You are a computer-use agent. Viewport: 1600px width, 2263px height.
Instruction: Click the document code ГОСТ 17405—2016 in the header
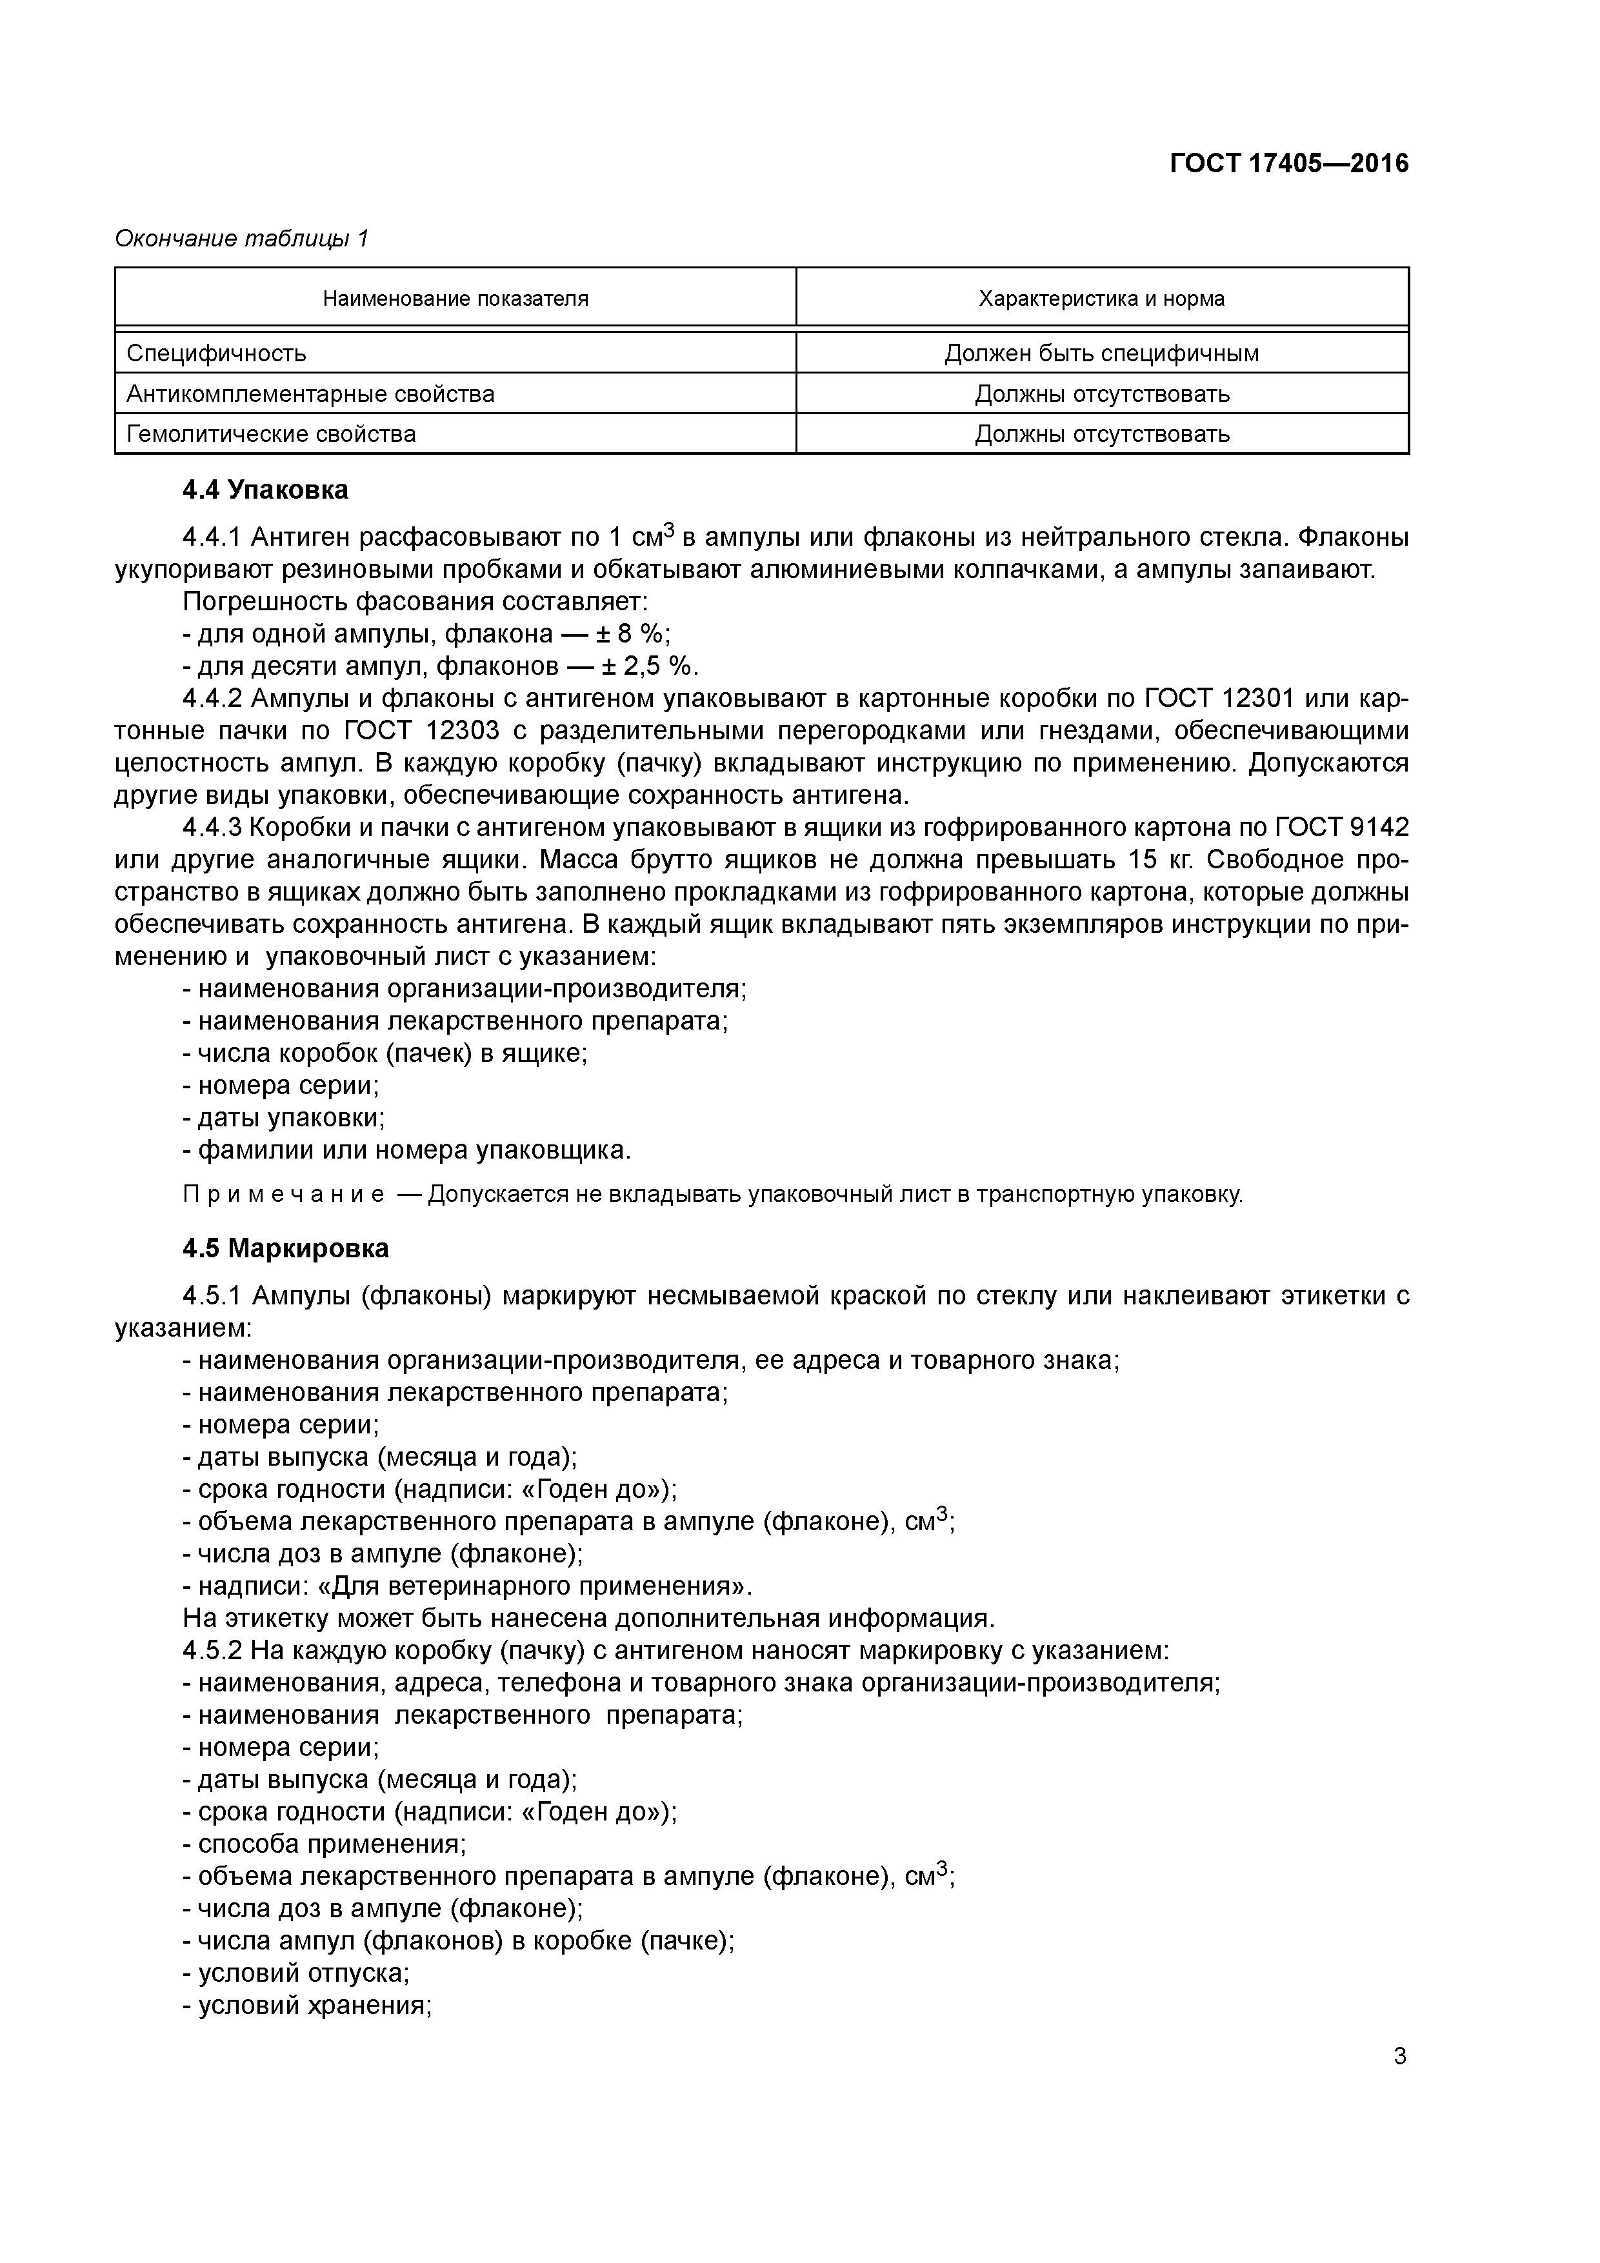1288,164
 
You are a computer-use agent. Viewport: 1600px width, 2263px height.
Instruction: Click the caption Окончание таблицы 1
241,239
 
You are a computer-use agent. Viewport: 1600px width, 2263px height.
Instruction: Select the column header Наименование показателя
455,299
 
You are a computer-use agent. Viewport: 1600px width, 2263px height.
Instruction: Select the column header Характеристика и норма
1101,299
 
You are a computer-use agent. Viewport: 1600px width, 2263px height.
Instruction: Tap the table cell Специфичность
217,353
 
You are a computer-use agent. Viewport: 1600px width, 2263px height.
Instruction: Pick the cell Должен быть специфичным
1101,353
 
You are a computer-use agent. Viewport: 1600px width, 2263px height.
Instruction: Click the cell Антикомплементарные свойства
310,394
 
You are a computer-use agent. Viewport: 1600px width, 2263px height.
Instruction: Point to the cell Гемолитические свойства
271,434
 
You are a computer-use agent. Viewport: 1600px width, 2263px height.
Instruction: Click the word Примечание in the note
284,1195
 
